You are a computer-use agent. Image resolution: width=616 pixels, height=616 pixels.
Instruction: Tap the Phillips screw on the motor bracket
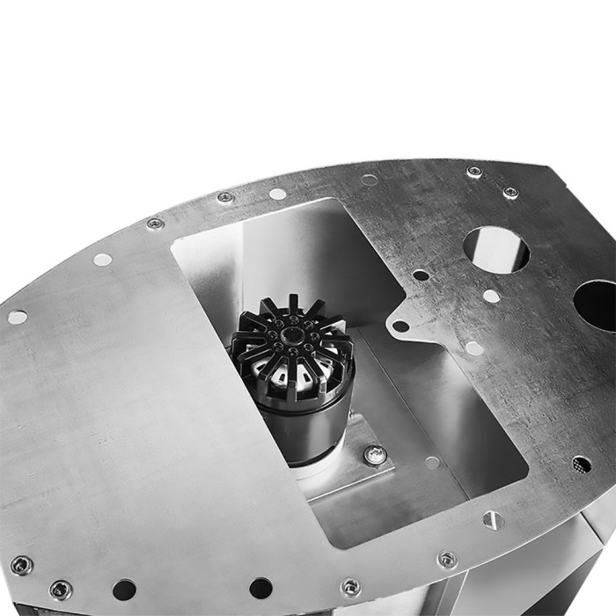[375, 455]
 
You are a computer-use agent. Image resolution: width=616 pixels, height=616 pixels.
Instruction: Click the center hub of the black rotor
[290, 335]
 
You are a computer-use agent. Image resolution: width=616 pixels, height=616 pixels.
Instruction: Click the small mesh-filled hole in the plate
[581, 463]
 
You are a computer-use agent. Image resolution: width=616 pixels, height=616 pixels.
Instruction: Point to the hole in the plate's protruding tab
[400, 326]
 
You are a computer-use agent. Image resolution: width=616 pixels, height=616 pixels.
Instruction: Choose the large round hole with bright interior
[496, 249]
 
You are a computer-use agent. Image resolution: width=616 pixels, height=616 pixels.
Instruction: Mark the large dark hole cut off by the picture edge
[597, 304]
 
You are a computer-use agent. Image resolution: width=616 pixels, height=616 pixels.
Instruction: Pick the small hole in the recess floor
[431, 462]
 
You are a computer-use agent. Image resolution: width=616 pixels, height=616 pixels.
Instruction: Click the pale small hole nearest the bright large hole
[491, 297]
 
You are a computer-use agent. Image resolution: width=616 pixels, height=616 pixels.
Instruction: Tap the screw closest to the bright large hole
[510, 193]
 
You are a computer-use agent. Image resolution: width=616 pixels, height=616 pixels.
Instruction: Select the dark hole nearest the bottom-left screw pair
[124, 589]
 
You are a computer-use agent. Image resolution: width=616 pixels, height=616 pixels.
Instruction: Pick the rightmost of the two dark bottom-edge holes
[260, 587]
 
